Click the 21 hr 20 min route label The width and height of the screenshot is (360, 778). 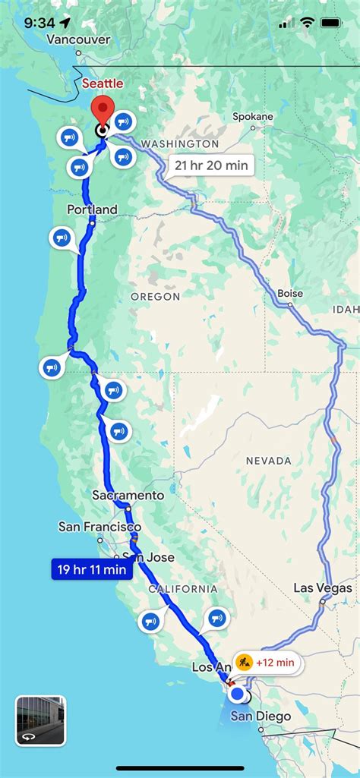[210, 165]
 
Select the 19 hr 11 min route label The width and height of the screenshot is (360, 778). [91, 568]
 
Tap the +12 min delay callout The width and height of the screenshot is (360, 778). [266, 663]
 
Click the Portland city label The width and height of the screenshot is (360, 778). [92, 209]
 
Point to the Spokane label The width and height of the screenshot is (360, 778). [252, 116]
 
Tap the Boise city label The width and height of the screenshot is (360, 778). [290, 294]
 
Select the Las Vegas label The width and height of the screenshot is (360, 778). [323, 588]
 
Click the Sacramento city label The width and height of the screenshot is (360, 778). [128, 495]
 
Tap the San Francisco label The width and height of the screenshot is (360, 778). [99, 526]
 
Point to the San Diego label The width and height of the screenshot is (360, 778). [261, 716]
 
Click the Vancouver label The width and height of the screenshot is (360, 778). [78, 39]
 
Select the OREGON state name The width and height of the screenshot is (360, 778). [155, 296]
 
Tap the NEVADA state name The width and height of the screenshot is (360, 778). [268, 461]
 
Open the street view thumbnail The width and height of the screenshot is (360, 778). [40, 720]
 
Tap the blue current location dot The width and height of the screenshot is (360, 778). [237, 693]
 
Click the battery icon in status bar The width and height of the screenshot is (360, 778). [333, 23]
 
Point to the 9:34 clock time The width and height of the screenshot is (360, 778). [39, 23]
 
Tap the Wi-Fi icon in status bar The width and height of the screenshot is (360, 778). [307, 23]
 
